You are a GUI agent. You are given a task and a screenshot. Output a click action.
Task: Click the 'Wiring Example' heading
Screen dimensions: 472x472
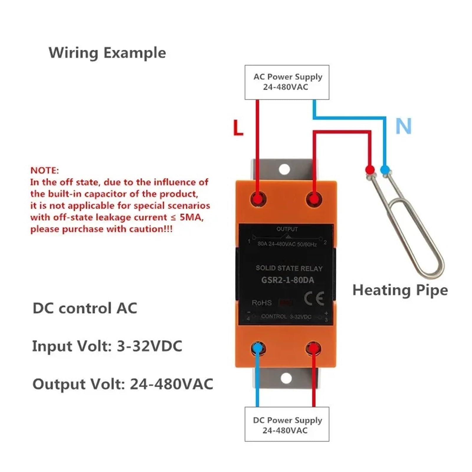[107, 53]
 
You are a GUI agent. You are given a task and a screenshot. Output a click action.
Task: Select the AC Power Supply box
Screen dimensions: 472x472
[287, 82]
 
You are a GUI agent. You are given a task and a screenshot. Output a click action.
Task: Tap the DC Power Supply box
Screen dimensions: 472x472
[287, 424]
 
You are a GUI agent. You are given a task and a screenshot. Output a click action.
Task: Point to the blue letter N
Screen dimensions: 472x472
[403, 126]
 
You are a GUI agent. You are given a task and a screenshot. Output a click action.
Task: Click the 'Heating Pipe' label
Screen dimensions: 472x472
[400, 290]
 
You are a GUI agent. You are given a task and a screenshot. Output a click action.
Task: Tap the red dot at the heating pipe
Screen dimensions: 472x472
[370, 170]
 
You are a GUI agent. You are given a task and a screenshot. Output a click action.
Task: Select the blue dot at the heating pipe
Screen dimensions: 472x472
[385, 170]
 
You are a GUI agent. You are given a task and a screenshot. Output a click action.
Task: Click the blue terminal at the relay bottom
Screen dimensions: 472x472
[258, 348]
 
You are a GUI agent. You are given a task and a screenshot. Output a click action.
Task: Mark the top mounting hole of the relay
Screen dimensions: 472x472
[284, 169]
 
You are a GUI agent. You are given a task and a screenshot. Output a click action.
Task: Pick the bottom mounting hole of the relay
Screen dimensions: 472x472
[286, 378]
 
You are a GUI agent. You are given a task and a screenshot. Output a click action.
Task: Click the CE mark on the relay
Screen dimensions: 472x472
[314, 299]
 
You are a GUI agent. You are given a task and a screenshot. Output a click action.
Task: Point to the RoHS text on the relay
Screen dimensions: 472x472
[262, 303]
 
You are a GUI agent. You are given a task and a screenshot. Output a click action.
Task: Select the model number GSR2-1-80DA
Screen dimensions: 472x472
[288, 280]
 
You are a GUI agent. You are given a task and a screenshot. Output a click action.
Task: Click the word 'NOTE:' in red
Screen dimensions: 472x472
[45, 171]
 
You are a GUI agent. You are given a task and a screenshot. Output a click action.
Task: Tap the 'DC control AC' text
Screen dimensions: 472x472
[85, 308]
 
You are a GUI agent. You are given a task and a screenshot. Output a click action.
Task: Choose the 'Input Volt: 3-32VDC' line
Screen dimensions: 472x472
[107, 346]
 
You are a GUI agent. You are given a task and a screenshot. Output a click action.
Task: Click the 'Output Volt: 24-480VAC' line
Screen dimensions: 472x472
[123, 384]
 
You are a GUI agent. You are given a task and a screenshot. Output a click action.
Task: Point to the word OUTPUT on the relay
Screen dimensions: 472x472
[287, 229]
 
